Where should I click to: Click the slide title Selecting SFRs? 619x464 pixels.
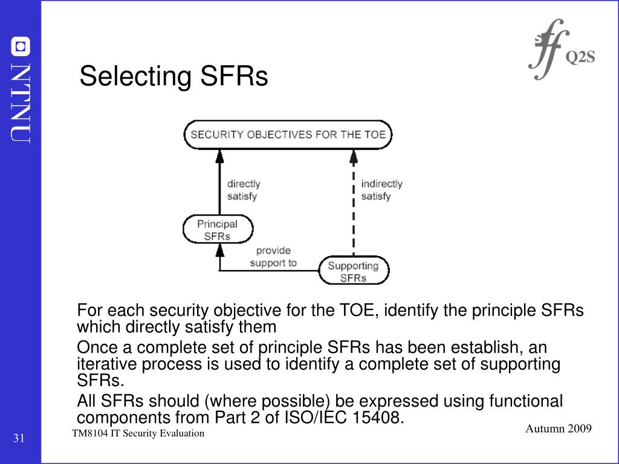[x=173, y=77]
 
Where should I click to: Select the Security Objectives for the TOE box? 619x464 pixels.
[x=288, y=135]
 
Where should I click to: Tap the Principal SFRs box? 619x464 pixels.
[x=218, y=230]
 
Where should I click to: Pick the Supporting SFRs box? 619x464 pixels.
[x=354, y=271]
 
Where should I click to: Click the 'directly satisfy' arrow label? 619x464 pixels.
[x=244, y=189]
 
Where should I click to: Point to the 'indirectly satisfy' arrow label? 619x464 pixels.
[x=381, y=189]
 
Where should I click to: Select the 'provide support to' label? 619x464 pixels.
[x=273, y=256]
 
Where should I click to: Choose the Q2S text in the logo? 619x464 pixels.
[x=580, y=57]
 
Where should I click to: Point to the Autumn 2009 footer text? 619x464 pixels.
[x=558, y=428]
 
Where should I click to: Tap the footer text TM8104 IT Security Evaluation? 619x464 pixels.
[x=138, y=434]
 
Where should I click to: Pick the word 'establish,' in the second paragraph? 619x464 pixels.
[x=488, y=347]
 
